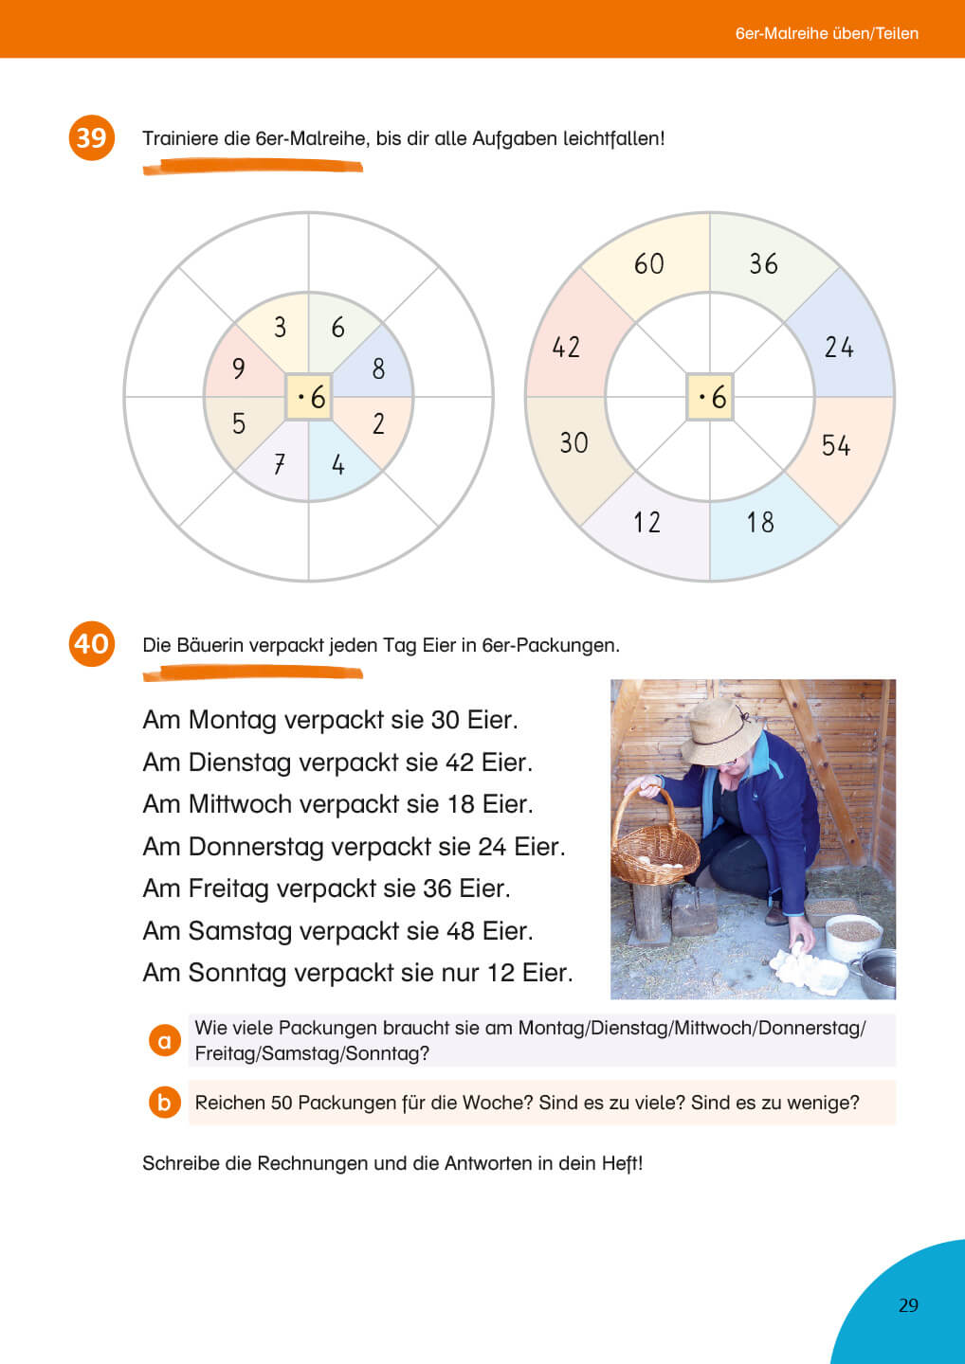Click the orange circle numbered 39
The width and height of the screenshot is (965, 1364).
click(91, 137)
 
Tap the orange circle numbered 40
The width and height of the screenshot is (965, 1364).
click(91, 644)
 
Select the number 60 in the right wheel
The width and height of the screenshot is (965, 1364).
click(649, 263)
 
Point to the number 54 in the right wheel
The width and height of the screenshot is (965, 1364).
click(835, 445)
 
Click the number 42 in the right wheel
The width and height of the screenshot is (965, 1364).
click(566, 347)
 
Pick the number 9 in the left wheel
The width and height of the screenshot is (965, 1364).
click(239, 368)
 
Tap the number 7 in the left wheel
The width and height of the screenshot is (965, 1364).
click(280, 464)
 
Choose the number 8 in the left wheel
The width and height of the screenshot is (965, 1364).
click(378, 368)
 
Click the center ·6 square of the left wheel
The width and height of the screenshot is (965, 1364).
click(309, 397)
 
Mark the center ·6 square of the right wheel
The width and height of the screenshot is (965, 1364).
click(710, 397)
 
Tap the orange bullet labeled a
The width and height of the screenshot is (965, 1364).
click(164, 1041)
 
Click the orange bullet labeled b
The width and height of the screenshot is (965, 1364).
click(164, 1103)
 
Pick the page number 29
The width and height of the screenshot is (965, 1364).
click(908, 1305)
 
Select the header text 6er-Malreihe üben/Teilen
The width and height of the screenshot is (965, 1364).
click(827, 33)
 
